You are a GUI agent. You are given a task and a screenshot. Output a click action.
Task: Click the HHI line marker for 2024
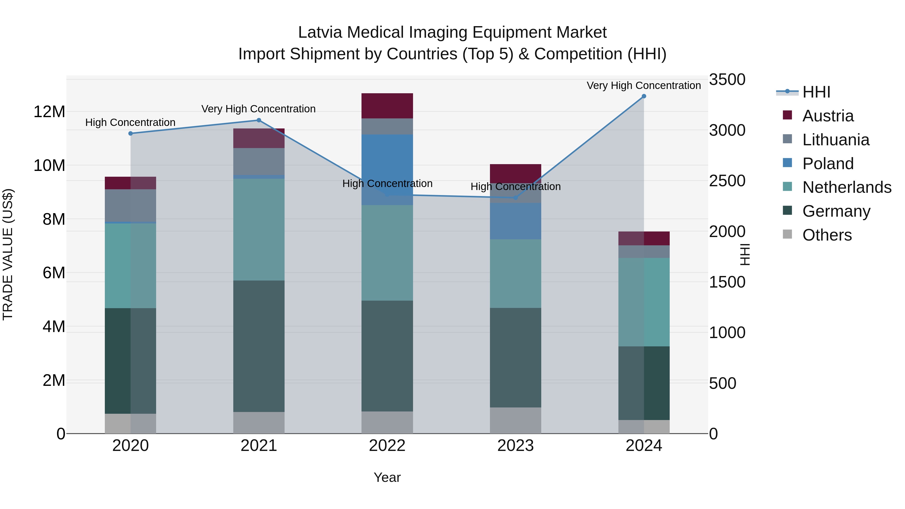[644, 96]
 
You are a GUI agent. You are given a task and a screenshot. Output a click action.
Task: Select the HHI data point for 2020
[131, 133]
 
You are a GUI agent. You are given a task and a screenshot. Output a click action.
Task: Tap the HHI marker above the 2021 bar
[259, 120]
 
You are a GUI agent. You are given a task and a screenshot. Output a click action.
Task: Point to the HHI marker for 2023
[515, 198]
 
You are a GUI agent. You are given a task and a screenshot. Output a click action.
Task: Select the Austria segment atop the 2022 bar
[387, 106]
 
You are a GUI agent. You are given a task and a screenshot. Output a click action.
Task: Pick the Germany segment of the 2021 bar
[259, 346]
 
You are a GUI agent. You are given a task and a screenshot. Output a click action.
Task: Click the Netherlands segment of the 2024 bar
[644, 302]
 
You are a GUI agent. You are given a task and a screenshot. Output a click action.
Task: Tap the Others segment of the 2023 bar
[515, 421]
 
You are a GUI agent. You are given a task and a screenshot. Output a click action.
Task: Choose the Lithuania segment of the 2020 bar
[131, 206]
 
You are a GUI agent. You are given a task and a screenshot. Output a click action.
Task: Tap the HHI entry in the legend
[816, 92]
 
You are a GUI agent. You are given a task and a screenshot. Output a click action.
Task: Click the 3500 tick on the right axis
[727, 79]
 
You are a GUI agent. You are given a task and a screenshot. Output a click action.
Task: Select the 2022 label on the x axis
[387, 446]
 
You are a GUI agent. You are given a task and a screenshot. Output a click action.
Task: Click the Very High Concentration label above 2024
[644, 85]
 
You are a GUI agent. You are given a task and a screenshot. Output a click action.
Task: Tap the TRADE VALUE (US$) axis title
[8, 254]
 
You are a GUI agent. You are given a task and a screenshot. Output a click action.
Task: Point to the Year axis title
[387, 477]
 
